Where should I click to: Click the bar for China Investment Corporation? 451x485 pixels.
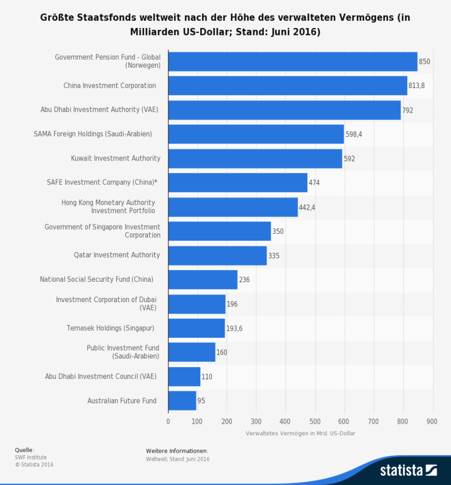[287, 86]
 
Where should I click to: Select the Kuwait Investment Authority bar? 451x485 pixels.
[255, 159]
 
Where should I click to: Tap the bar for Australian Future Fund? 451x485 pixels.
[182, 401]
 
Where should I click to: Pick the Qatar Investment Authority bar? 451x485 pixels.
[217, 255]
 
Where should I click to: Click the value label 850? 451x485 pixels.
[424, 62]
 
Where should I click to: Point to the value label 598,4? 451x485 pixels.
[354, 135]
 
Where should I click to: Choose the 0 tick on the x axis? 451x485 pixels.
[168, 421]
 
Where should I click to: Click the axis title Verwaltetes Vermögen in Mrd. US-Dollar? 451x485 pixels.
[300, 433]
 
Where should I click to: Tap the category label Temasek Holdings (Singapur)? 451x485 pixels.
[110, 328]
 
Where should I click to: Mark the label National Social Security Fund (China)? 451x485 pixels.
[97, 279]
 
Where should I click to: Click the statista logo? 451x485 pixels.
[408, 470]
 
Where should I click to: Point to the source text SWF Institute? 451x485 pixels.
[31, 458]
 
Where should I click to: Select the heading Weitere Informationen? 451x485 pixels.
[177, 450]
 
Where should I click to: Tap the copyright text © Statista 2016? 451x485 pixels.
[34, 465]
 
